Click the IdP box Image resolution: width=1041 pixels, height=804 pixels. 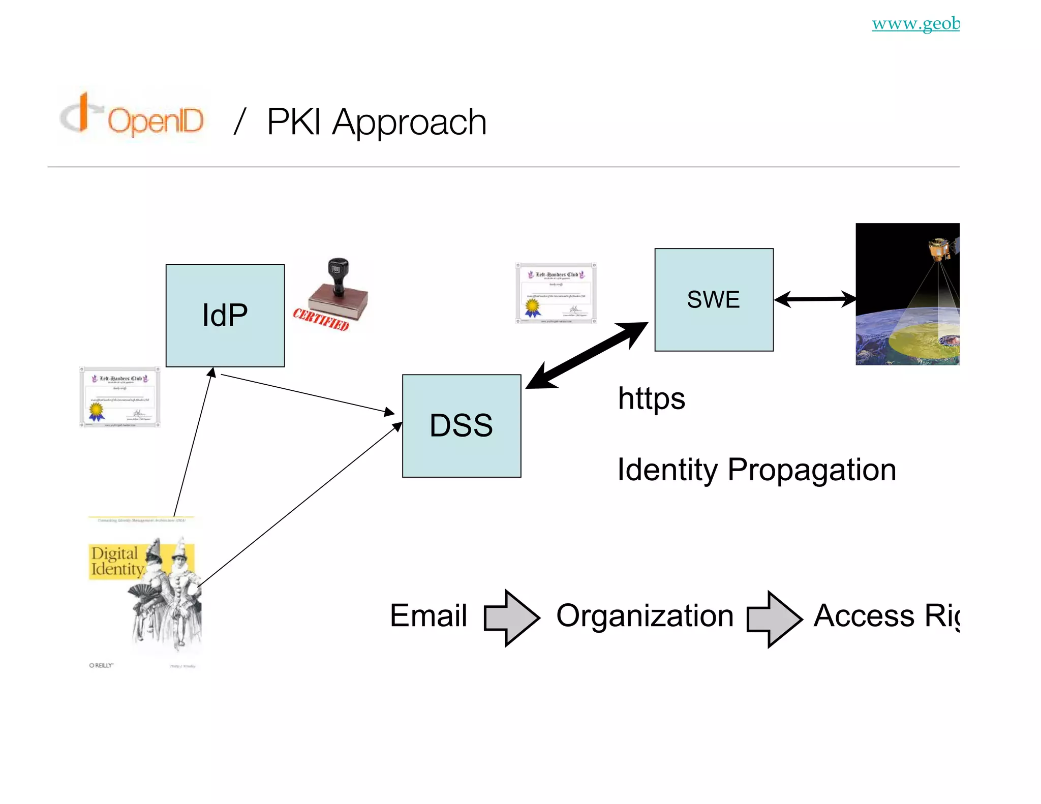point(225,315)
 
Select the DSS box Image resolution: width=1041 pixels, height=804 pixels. point(461,425)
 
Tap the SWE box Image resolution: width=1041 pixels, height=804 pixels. point(714,299)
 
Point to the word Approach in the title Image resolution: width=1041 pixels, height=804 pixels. point(409,122)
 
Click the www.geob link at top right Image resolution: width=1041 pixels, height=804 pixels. point(915,23)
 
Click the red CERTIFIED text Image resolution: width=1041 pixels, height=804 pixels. point(321,319)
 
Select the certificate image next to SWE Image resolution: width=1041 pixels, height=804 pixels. point(556,293)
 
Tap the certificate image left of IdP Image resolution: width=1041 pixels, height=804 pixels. point(120,397)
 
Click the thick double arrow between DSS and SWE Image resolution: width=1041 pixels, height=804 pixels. point(587,355)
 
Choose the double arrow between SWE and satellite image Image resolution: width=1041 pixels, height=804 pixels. point(815,299)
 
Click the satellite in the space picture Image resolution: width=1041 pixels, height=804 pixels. point(940,249)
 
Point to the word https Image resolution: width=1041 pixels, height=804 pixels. point(651,398)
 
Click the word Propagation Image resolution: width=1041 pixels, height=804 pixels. point(811,470)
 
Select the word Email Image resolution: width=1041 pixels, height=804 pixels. point(428,615)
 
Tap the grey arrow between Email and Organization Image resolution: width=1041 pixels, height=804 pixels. point(511,617)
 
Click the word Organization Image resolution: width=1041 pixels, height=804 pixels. point(645,615)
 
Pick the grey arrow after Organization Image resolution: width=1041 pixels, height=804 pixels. point(774,619)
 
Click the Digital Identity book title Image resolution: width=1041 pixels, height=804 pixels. point(116,561)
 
